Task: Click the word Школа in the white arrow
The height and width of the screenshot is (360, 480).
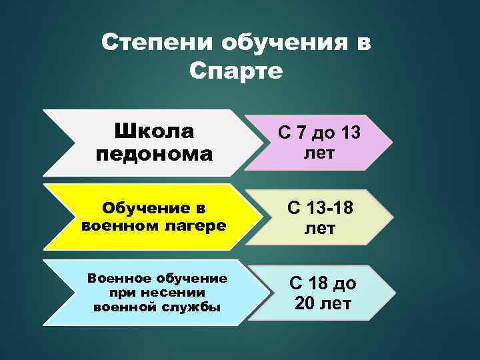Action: click(154, 129)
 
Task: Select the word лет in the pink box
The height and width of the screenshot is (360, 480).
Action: click(319, 153)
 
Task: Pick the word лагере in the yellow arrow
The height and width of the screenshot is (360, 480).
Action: click(197, 225)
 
